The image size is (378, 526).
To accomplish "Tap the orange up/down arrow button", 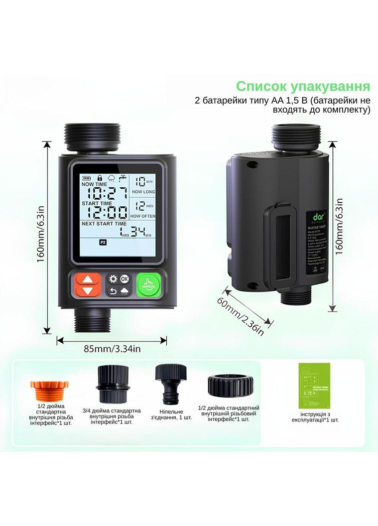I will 88,284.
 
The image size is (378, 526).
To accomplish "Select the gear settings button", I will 113,278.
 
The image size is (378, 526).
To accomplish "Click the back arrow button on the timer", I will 113,291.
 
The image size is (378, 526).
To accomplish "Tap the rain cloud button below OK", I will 125,291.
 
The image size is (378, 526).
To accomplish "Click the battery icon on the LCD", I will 87,177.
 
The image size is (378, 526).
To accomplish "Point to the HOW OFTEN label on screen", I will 143,216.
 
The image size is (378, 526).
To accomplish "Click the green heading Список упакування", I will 303,86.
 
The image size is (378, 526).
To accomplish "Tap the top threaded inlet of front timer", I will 93,137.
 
